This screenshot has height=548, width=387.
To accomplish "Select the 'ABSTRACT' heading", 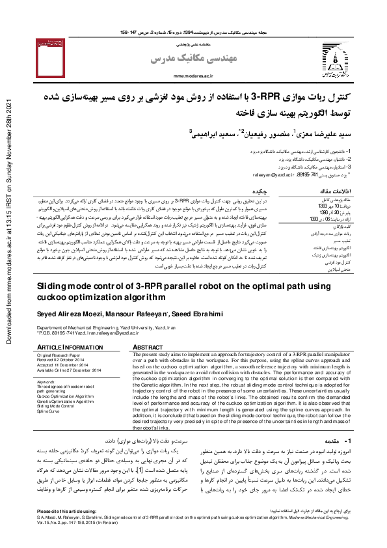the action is click(148, 348).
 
